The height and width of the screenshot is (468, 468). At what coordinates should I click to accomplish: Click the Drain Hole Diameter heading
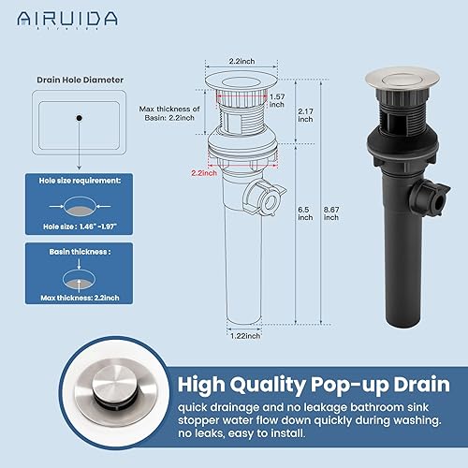tap(80, 80)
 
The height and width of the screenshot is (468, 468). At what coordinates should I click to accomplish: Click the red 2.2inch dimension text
tap(205, 173)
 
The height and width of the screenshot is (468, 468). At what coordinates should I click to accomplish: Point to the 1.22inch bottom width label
tap(245, 334)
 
